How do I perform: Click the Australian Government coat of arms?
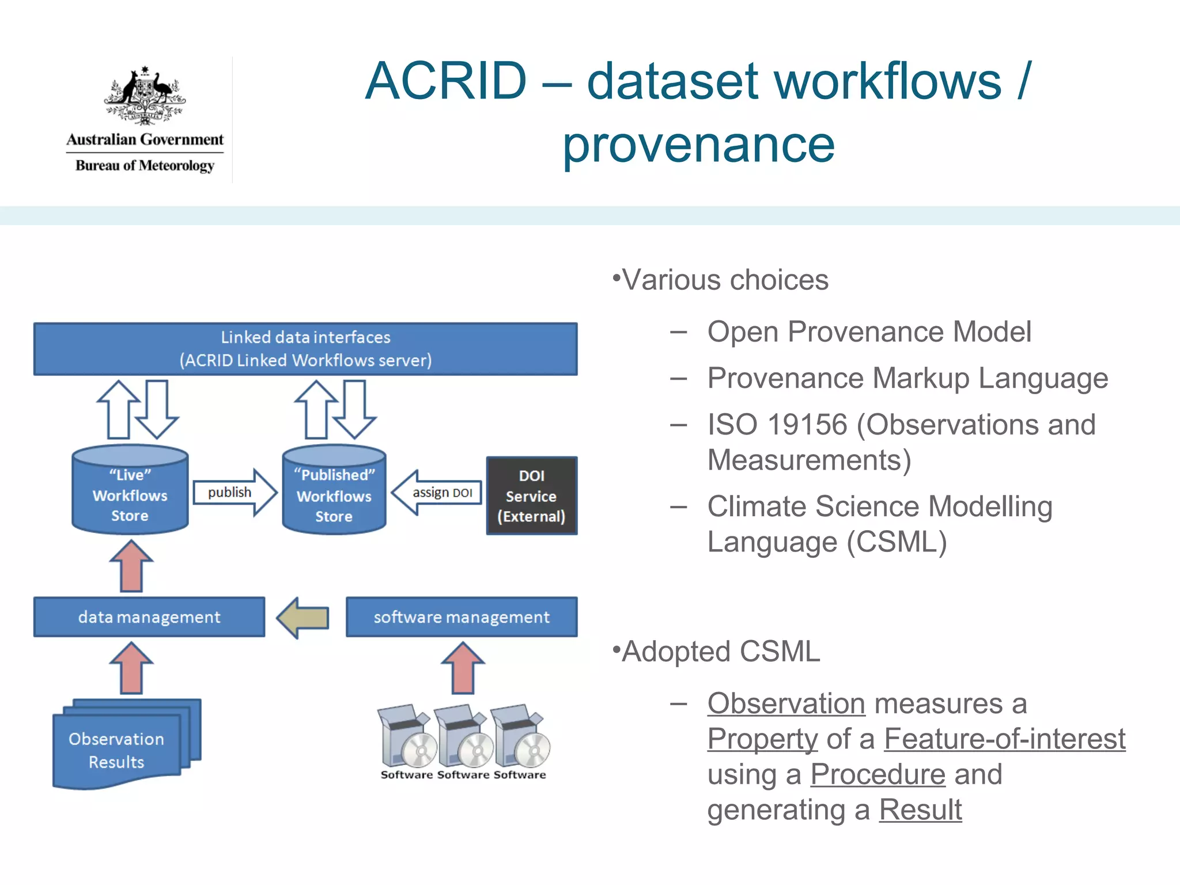point(145,95)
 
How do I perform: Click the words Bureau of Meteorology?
point(145,165)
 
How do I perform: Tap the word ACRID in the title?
point(446,81)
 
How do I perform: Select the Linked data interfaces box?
point(305,349)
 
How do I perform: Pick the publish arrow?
point(233,492)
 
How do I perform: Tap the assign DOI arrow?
point(438,493)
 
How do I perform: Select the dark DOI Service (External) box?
point(531,496)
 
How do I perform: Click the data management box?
point(149,617)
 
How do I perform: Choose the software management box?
point(461,617)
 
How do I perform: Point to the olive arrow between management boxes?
point(303,618)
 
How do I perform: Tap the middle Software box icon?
point(463,737)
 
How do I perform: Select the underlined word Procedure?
point(878,774)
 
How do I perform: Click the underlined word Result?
point(920,810)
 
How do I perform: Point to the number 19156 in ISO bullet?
point(807,425)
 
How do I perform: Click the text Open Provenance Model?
point(869,332)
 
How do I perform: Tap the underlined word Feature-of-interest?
point(1004,739)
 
